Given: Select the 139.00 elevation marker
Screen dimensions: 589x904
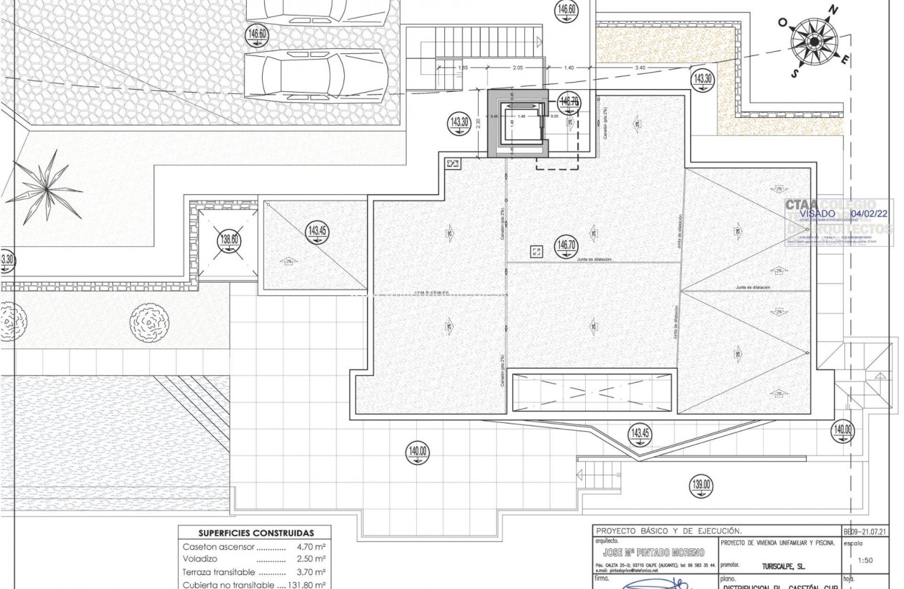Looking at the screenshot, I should pos(701,484).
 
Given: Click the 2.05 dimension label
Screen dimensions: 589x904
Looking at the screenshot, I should pos(517,68).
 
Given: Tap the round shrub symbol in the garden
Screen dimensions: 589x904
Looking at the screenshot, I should pos(149,323).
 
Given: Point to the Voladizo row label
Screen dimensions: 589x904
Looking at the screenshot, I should pos(201,559).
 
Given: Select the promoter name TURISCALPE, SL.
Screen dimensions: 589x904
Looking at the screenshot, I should pos(783,564).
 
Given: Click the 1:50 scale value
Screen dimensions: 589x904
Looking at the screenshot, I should pos(866,560).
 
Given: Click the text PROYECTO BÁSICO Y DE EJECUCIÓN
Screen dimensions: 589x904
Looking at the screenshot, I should pos(668,532).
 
